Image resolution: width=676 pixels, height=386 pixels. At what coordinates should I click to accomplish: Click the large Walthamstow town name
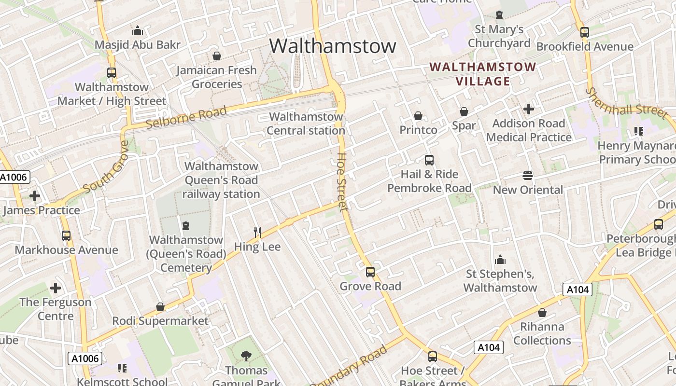point(333,46)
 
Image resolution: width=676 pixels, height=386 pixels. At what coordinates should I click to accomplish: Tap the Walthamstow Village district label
point(483,74)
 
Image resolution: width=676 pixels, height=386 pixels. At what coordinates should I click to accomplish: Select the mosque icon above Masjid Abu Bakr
point(138,31)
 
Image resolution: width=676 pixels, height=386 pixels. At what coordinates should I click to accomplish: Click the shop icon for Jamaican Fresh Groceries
point(217,56)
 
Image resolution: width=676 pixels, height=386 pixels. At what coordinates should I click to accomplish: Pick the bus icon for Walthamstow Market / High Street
point(112,73)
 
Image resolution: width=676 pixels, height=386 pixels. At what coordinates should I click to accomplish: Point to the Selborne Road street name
point(186,117)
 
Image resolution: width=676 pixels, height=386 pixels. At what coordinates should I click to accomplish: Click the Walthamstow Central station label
point(306,124)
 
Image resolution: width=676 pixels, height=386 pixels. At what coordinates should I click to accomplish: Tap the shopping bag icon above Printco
point(418,116)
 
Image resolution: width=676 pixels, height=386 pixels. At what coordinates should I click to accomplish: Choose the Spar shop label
point(464,125)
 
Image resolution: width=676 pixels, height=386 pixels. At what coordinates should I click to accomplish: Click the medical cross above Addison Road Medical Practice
point(529,109)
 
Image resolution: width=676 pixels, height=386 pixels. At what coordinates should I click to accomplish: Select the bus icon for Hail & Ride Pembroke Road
point(429,160)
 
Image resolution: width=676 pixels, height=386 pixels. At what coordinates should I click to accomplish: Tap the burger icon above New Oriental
point(527,176)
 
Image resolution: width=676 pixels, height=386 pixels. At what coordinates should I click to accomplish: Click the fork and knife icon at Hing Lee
point(257,233)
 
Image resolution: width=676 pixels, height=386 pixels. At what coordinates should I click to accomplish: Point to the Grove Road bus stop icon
point(370,272)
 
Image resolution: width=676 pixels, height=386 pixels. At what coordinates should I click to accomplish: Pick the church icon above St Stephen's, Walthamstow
point(500,260)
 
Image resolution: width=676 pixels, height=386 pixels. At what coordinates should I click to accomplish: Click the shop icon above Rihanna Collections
point(542,313)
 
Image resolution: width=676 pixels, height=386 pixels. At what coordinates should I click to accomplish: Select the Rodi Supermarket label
point(160,321)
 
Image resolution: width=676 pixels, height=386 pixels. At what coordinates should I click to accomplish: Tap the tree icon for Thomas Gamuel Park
point(246,356)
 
